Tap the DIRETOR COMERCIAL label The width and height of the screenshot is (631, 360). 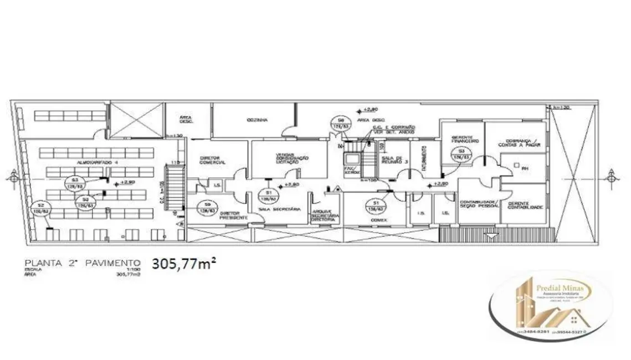212,161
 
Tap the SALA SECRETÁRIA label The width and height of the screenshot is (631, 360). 280,209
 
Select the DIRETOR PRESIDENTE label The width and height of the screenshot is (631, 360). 229,215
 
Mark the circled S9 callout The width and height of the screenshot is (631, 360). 207,207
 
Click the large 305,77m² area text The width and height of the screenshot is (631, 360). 183,263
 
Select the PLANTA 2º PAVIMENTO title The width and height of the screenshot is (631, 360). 81,263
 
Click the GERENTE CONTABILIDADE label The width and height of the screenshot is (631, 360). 524,205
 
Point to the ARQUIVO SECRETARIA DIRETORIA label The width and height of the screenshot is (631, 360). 323,215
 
